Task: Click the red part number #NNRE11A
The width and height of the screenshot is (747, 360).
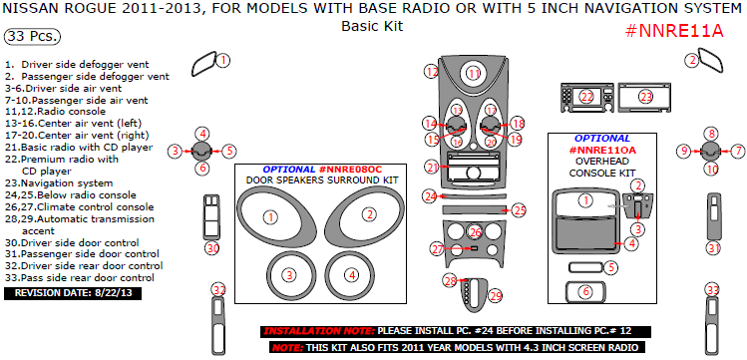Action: click(673, 29)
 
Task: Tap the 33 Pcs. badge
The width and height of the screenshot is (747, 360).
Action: click(32, 37)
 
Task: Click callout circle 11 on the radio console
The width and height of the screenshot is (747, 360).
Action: click(474, 73)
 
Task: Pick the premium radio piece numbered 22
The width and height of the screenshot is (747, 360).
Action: click(587, 97)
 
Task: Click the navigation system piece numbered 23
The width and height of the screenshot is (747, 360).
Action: click(646, 97)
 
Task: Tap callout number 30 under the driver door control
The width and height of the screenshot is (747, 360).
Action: click(211, 247)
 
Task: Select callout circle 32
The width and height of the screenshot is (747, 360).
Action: click(219, 289)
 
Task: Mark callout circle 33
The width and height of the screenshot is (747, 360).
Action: click(711, 289)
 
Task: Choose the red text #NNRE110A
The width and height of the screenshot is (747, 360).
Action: click(602, 150)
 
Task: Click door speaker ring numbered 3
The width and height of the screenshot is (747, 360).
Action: click(289, 274)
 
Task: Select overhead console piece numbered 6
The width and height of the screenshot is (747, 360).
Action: click(585, 291)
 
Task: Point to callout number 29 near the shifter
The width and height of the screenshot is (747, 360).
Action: click(496, 296)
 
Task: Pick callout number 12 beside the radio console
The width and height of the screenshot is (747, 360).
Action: click(431, 72)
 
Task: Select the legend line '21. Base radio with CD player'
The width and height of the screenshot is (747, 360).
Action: click(79, 147)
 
